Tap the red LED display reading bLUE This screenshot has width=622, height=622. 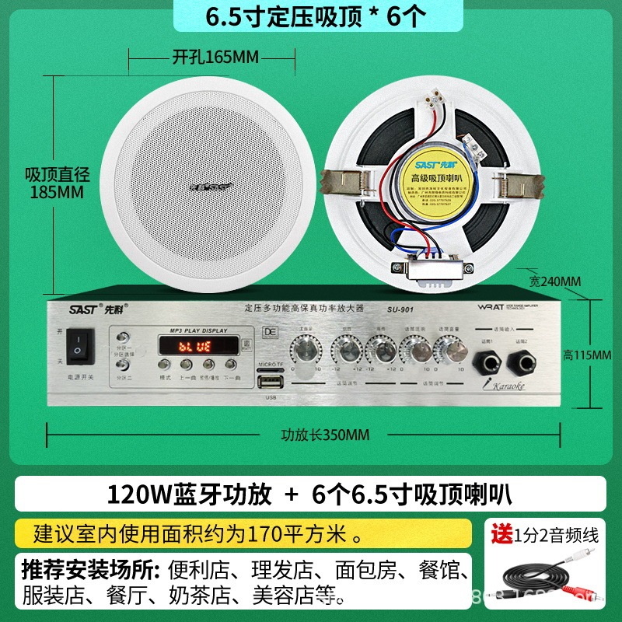pos(193,345)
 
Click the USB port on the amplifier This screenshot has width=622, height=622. pos(271,383)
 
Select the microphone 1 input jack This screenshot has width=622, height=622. pos(487,359)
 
